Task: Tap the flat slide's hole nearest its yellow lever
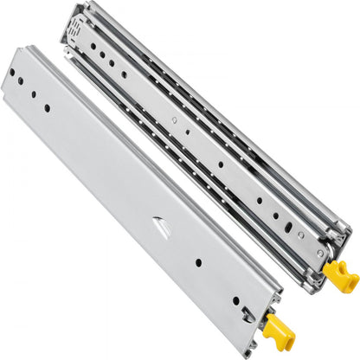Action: click(x=235, y=299)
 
